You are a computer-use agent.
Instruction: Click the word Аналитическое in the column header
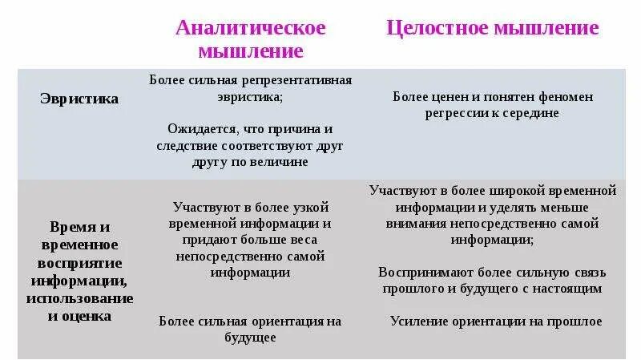[x=250, y=28]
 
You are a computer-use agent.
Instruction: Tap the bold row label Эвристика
[x=79, y=99]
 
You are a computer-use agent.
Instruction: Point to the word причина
[x=292, y=128]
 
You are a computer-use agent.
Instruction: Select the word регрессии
[x=459, y=113]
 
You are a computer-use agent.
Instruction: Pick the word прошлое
[x=572, y=321]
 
